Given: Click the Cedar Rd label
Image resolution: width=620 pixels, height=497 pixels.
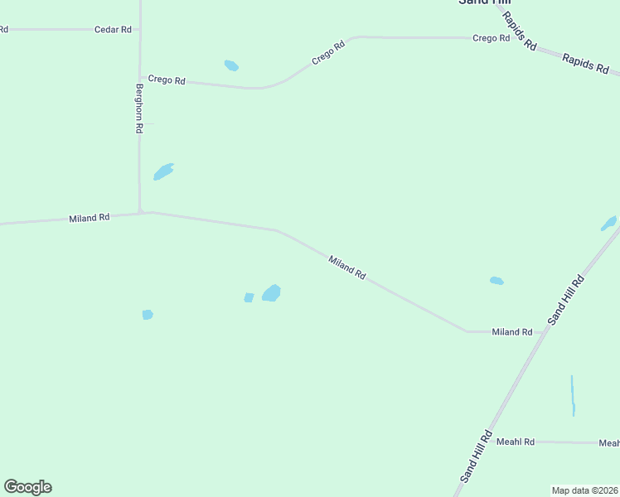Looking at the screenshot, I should click(x=113, y=30).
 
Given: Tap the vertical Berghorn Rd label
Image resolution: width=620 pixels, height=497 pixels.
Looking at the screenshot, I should click(x=140, y=109).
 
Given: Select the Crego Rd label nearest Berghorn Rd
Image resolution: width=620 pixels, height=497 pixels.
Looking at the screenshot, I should click(x=167, y=80).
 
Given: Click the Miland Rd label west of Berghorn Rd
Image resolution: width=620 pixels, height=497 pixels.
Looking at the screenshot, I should click(x=89, y=218).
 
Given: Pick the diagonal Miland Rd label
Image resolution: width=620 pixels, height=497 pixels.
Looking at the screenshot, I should click(x=346, y=268).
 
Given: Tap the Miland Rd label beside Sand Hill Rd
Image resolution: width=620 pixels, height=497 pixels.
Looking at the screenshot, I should click(x=511, y=332).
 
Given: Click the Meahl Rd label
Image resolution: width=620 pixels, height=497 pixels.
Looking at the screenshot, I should click(x=516, y=442).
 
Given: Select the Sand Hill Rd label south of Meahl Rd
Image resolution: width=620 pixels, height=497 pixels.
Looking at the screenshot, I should click(x=476, y=456).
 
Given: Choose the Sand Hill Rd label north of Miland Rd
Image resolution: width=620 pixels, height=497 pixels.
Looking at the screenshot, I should click(x=566, y=300).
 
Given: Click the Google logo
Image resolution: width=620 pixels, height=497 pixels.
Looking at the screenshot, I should click(x=27, y=487).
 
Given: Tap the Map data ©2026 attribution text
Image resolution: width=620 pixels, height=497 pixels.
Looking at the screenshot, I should click(x=584, y=490).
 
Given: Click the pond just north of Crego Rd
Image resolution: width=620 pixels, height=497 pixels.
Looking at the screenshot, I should click(x=231, y=65).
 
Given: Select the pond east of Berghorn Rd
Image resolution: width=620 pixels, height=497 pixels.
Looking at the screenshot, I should click(x=163, y=171).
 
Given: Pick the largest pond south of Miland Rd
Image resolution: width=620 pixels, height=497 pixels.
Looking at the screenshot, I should click(x=271, y=293).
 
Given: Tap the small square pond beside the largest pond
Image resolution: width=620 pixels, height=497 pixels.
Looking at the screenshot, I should click(x=249, y=297).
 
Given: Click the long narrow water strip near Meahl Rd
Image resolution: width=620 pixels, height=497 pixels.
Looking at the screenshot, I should click(x=573, y=395).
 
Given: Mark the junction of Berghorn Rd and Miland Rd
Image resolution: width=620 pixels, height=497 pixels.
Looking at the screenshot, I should click(x=142, y=212).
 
